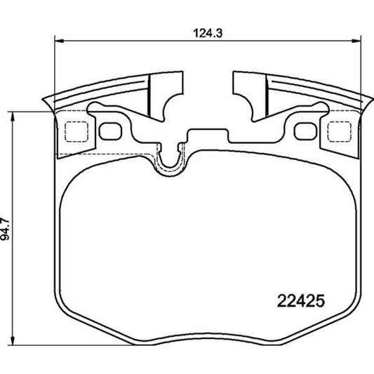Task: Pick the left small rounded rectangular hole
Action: (x=109, y=131)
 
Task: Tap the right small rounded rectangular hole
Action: (x=305, y=131)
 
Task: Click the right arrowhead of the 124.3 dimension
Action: (x=356, y=40)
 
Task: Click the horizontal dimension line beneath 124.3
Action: (x=140, y=40)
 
